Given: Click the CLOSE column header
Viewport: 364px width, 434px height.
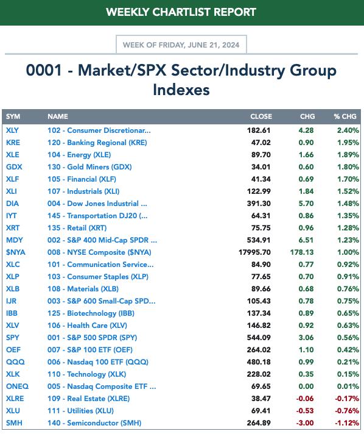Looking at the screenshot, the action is coord(261,116).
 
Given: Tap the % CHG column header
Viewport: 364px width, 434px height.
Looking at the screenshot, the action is coord(345,116).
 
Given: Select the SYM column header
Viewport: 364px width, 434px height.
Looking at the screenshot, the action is coord(13,116).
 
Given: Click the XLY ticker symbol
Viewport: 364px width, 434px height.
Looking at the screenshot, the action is coord(12,130).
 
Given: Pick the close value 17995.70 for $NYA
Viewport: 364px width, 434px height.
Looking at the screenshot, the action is coord(254,252).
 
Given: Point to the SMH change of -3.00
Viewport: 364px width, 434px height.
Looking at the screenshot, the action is coord(305,423).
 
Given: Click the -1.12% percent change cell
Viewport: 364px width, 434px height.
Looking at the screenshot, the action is coord(347,423).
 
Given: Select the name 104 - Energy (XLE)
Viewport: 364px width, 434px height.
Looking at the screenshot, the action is coord(79,155).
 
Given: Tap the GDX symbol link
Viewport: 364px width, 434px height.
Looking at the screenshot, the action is coord(14,167).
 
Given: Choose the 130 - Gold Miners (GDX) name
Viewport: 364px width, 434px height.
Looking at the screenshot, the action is coord(89,167).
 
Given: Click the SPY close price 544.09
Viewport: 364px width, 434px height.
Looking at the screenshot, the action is coord(259,338).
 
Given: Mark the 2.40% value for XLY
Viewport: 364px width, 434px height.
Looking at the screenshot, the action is coord(348,130).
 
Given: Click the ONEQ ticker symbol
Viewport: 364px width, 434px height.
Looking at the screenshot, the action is coord(17,386).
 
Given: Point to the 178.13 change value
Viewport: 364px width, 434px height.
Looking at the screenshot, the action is coord(302,252).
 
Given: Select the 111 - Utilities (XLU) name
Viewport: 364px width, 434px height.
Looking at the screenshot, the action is coord(80,411).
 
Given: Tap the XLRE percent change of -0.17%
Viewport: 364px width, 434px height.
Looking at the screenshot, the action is coord(347,399).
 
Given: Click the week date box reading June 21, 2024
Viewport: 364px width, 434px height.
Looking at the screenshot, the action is coord(181,44).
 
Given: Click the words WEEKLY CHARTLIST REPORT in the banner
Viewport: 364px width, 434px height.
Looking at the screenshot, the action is coord(181,12).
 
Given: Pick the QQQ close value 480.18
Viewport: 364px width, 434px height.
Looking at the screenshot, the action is coord(259,361).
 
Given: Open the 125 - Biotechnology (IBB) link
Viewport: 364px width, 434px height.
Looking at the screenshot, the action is coord(91,313).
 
